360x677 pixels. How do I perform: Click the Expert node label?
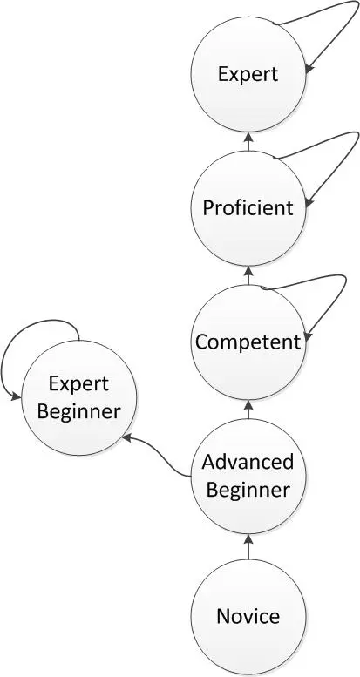coord(248,75)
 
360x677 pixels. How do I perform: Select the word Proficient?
coord(248,208)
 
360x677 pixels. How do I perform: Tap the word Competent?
coord(248,342)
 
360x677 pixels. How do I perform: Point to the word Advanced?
coord(248,462)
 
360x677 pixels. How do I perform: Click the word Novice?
coord(248,616)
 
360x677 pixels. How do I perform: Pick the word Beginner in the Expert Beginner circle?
coord(78,412)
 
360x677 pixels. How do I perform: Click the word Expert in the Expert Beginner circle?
coord(78,384)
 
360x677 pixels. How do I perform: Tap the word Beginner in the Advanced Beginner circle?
coord(248,491)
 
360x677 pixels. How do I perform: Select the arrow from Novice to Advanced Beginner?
coord(248,546)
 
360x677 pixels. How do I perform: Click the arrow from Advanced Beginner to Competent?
coord(248,410)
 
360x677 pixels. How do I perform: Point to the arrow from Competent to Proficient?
coord(248,275)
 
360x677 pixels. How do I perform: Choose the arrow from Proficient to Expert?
coord(248,142)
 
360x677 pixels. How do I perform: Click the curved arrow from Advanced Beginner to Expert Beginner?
coord(157,452)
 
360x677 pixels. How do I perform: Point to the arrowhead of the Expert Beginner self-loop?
coord(16,396)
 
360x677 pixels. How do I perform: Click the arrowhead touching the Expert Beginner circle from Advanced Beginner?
coord(127,438)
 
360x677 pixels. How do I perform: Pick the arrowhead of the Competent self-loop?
coord(309,336)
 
